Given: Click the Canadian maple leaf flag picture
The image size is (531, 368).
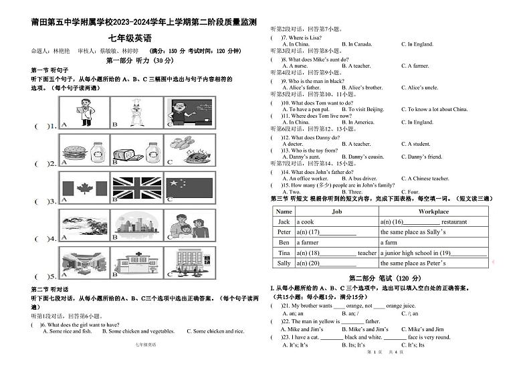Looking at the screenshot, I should click(85, 189).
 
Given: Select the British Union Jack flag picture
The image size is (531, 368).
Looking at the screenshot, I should click(136, 189).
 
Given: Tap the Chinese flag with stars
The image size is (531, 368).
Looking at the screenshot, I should click(189, 189).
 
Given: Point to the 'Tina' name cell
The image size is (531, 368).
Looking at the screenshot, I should click(284, 253).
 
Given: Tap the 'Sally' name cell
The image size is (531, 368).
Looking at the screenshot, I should click(284, 264).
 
